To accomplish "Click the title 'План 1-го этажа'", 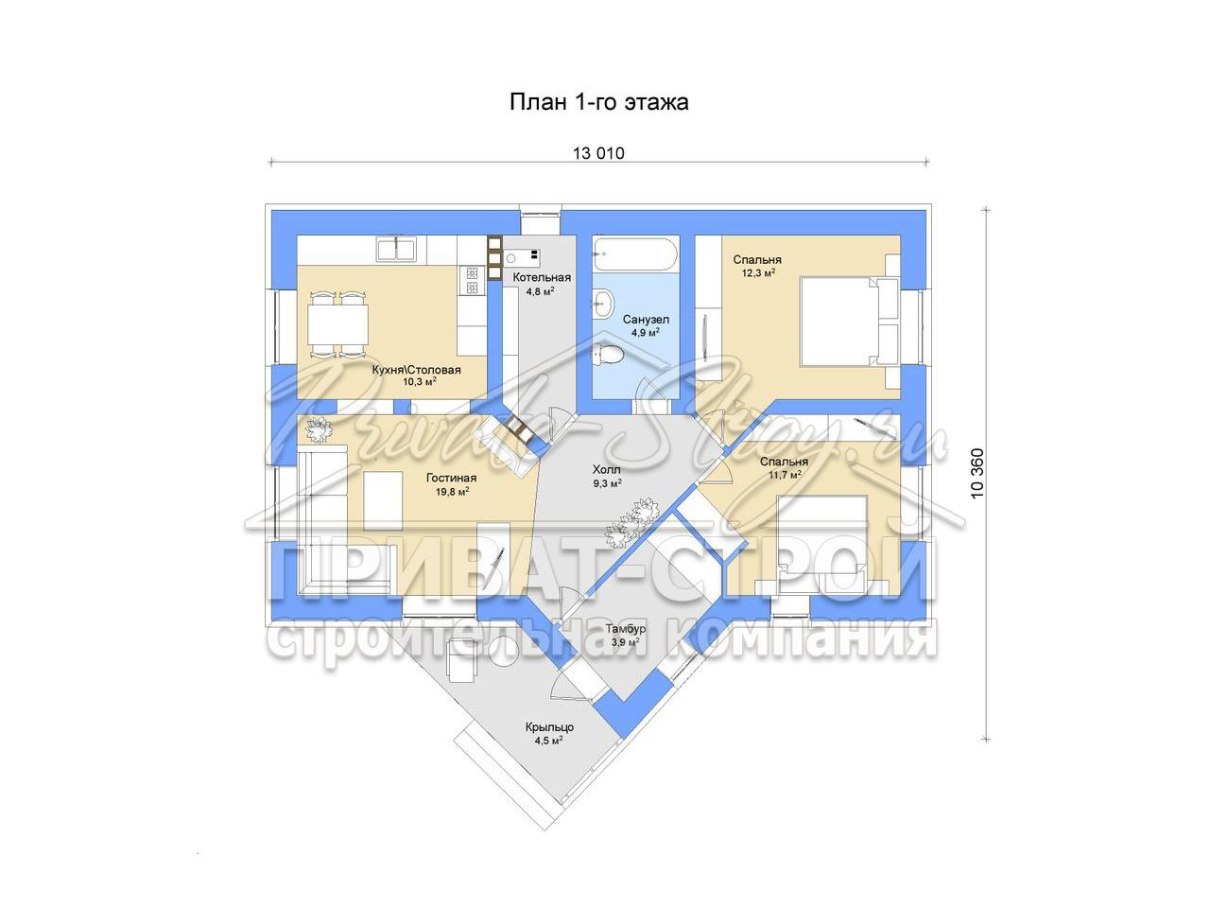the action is [x=598, y=102].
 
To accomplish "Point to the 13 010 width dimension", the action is [x=598, y=152].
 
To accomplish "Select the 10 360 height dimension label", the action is [x=977, y=474].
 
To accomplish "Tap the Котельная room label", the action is [x=542, y=277].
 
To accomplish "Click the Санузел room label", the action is [x=646, y=319].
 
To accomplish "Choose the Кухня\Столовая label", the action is [x=416, y=370].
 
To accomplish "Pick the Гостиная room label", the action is [x=451, y=478].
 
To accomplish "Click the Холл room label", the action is [x=606, y=469].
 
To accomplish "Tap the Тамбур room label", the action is [x=626, y=628].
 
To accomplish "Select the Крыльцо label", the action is [x=549, y=727].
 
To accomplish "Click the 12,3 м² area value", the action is [x=758, y=272].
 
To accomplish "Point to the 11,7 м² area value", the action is [x=784, y=474].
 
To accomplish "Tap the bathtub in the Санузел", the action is [x=635, y=254].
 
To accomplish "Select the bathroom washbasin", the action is [x=602, y=303].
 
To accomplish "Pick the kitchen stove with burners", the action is [x=472, y=281].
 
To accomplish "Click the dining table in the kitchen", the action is [x=337, y=325].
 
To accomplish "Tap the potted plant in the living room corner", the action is [x=318, y=428].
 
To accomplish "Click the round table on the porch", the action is [x=503, y=653].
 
